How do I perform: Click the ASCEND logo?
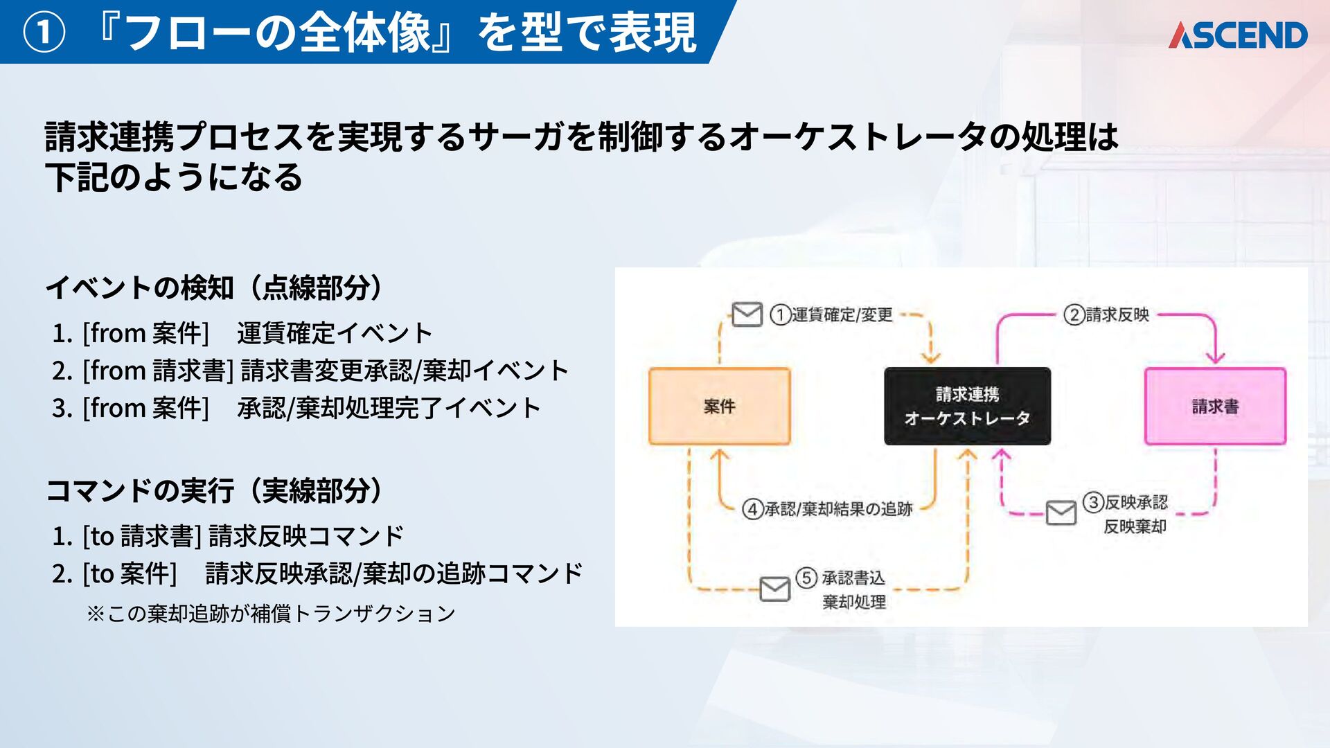(1237, 35)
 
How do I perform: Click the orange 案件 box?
(719, 407)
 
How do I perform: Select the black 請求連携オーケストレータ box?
(967, 407)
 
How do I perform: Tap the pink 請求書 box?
(1215, 407)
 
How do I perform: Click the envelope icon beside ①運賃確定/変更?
(747, 314)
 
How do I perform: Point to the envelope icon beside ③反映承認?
(1061, 513)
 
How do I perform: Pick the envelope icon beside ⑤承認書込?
(774, 589)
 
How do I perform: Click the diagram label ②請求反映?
(1107, 315)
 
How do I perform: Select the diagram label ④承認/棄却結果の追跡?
(828, 509)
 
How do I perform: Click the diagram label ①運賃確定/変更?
(832, 315)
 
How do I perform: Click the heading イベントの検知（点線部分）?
(214, 287)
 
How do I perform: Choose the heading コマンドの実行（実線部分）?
(214, 490)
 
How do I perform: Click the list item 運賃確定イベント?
(335, 333)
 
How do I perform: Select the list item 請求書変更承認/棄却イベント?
(405, 371)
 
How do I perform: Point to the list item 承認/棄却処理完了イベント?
(389, 408)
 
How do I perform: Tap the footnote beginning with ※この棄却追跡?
(271, 614)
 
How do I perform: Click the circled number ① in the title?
(44, 33)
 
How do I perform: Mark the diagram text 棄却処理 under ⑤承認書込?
(854, 602)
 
